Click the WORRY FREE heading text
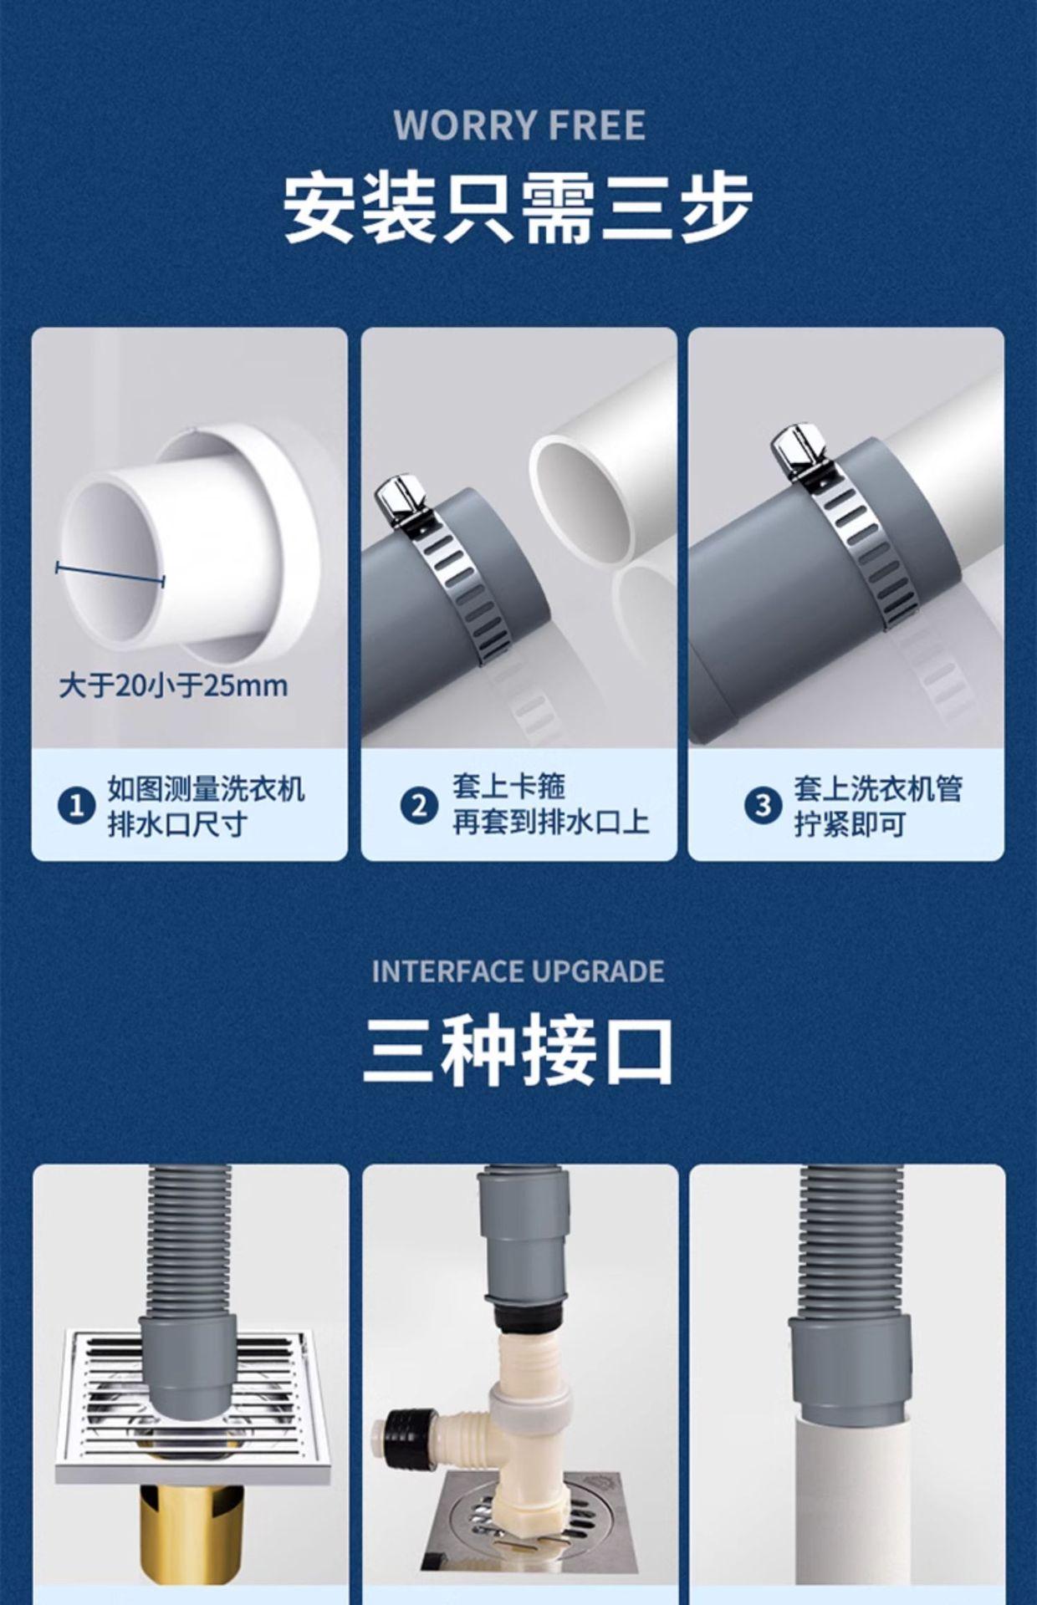click(518, 125)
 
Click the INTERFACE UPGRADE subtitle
click(518, 971)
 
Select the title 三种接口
click(518, 1051)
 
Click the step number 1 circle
click(76, 807)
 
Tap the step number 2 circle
click(419, 806)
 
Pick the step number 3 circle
click(763, 806)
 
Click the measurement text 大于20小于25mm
click(173, 686)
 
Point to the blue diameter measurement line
click(110, 574)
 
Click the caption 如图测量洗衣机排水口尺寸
click(206, 807)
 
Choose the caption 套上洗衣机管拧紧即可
click(878, 806)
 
